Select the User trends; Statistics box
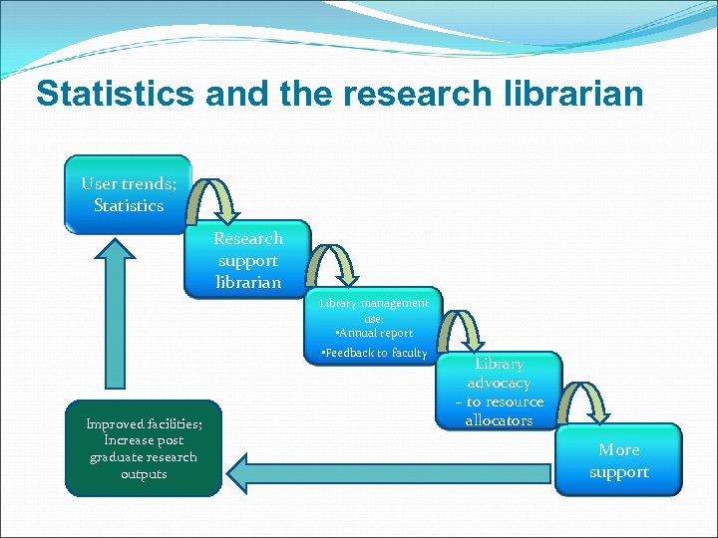click(128, 194)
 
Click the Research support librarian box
click(247, 260)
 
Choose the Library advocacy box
click(499, 392)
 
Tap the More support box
click(618, 460)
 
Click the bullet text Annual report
click(375, 333)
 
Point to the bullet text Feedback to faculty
click(374, 353)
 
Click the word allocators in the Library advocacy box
click(499, 420)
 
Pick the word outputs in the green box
click(144, 474)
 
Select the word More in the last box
click(619, 449)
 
